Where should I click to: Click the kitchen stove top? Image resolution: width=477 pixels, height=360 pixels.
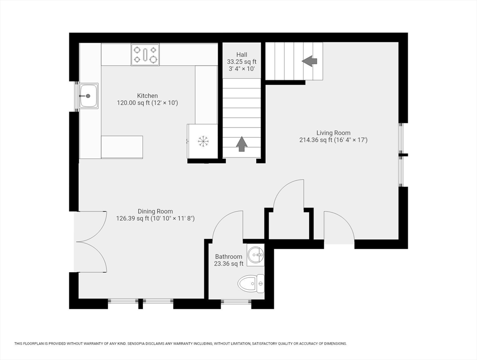tap(145, 54)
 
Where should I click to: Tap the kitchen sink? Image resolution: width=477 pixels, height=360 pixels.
tap(89, 96)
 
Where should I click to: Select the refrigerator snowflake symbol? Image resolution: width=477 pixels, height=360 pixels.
tap(203, 141)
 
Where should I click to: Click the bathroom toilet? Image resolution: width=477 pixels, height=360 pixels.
tap(251, 284)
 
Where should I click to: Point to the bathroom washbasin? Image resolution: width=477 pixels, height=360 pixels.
tap(255, 255)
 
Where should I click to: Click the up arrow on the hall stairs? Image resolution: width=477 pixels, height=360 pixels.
tap(241, 144)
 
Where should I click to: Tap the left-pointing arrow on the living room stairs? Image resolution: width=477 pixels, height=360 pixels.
tap(309, 61)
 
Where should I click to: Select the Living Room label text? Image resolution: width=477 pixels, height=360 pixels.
tap(334, 133)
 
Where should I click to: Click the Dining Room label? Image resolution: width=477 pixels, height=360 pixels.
tap(155, 211)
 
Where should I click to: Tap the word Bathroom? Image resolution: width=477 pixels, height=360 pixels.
tap(229, 256)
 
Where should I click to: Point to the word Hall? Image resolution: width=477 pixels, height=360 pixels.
tap(242, 55)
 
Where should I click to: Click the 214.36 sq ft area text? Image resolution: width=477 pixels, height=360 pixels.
tap(316, 140)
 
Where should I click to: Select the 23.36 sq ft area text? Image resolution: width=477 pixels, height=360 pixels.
tap(229, 264)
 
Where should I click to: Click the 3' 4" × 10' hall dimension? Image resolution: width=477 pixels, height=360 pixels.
tap(242, 69)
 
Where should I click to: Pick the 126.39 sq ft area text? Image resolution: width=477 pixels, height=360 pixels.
tap(133, 218)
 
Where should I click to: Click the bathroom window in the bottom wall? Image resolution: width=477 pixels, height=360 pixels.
tap(236, 302)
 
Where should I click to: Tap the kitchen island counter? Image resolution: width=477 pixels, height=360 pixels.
tap(122, 147)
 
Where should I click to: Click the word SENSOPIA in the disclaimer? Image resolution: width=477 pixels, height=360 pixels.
tap(137, 344)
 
